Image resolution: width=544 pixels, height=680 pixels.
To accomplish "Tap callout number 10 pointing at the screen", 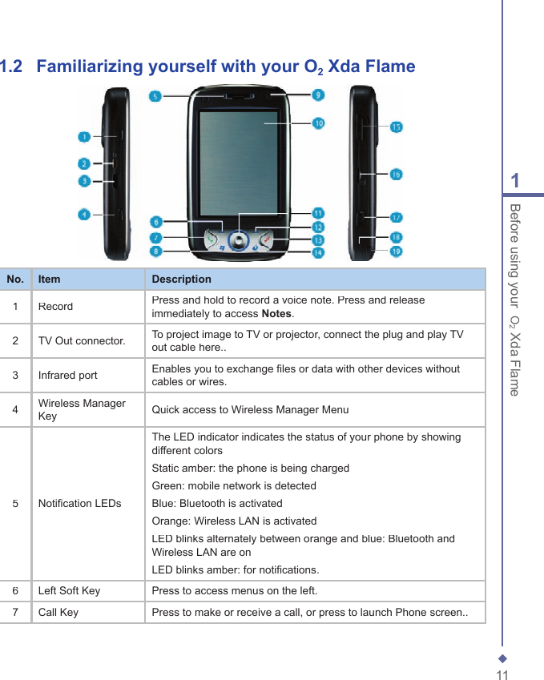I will (x=318, y=123).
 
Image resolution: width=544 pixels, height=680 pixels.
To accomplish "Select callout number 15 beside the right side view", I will (x=396, y=127).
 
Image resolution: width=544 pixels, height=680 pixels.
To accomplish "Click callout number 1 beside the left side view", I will (x=84, y=138).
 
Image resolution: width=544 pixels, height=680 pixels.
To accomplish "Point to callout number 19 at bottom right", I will (x=396, y=251).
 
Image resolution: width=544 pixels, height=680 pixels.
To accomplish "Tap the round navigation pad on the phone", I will (x=238, y=239).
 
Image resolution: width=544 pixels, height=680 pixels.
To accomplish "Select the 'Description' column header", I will (x=182, y=280).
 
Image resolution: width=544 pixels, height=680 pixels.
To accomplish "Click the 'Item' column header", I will (x=49, y=280).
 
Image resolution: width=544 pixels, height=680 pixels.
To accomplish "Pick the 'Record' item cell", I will (x=55, y=307).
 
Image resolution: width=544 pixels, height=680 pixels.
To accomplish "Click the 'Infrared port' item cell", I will (x=68, y=376).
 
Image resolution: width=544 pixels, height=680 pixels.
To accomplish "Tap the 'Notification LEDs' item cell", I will (x=80, y=504).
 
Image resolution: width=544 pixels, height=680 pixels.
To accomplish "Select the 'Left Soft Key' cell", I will (x=70, y=591).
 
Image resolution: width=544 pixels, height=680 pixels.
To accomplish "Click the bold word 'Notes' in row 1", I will (x=277, y=314).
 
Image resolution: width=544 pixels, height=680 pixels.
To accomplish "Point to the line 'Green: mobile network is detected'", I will (x=234, y=486).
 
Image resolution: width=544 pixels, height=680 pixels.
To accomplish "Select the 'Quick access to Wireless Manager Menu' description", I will (x=250, y=410).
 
